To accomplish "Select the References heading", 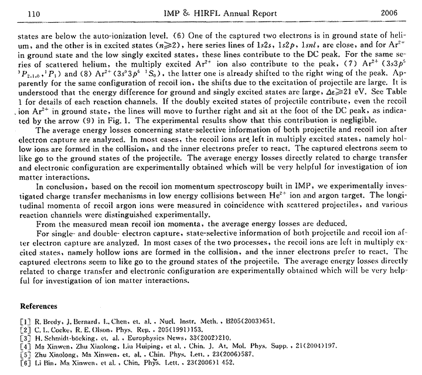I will coord(39,306).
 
